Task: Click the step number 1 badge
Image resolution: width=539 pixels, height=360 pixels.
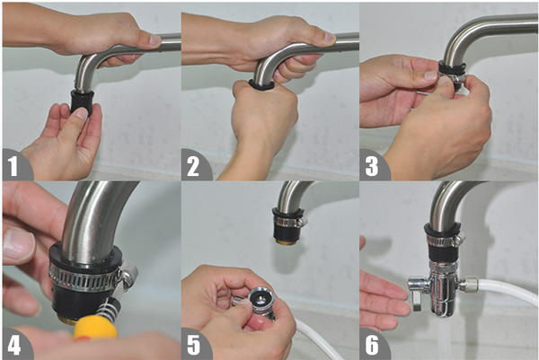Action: [15, 165]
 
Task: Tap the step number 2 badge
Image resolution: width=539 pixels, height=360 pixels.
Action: [194, 165]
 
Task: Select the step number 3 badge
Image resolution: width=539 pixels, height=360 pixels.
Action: [373, 165]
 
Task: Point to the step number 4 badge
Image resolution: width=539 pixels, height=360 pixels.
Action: [15, 345]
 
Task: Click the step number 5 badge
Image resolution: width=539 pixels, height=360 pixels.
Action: [194, 345]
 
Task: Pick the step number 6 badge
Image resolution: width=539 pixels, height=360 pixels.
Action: [373, 345]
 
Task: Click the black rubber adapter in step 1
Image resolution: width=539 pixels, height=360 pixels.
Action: [82, 101]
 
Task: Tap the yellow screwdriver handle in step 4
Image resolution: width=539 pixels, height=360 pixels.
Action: [95, 329]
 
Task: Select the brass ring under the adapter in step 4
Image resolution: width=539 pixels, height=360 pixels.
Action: [68, 319]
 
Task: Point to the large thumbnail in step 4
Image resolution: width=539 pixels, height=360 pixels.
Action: [18, 243]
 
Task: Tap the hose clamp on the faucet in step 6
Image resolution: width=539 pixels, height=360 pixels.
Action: [446, 239]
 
